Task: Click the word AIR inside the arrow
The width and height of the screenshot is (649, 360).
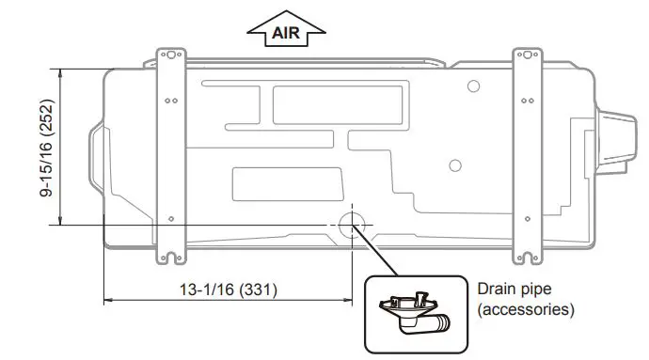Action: point(286,33)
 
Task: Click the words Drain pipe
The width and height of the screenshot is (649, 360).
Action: point(516,289)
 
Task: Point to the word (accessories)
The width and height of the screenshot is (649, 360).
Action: point(526,308)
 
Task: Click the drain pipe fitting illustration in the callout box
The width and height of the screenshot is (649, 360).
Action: point(414,314)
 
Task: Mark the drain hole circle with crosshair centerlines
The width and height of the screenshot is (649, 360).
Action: point(350,224)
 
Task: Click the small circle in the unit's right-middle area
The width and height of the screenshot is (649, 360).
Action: point(455,165)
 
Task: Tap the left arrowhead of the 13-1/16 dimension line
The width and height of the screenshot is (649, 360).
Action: point(106,301)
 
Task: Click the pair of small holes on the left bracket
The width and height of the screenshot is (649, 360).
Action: point(169,100)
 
